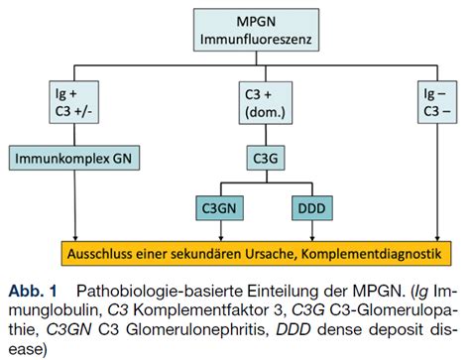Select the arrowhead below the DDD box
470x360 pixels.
(x=311, y=237)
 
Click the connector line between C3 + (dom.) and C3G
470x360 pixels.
(x=265, y=134)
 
